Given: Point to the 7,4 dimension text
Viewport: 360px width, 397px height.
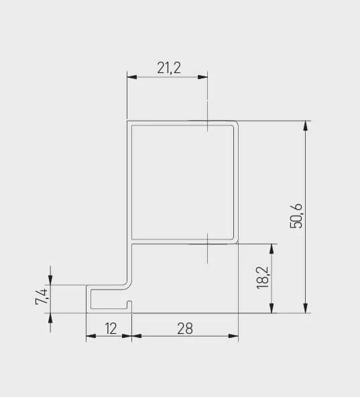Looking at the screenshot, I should (42, 296).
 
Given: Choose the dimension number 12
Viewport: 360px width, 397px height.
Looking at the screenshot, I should (111, 328).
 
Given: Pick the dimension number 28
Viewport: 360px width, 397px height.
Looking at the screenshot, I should (185, 328).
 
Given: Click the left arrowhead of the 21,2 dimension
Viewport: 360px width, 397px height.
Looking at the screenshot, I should (131, 78).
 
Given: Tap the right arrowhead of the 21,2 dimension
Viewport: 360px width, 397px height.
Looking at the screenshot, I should (203, 78).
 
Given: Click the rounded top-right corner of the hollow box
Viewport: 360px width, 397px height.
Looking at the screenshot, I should (235, 124).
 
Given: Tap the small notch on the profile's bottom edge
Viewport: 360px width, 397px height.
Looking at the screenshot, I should (130, 307).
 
